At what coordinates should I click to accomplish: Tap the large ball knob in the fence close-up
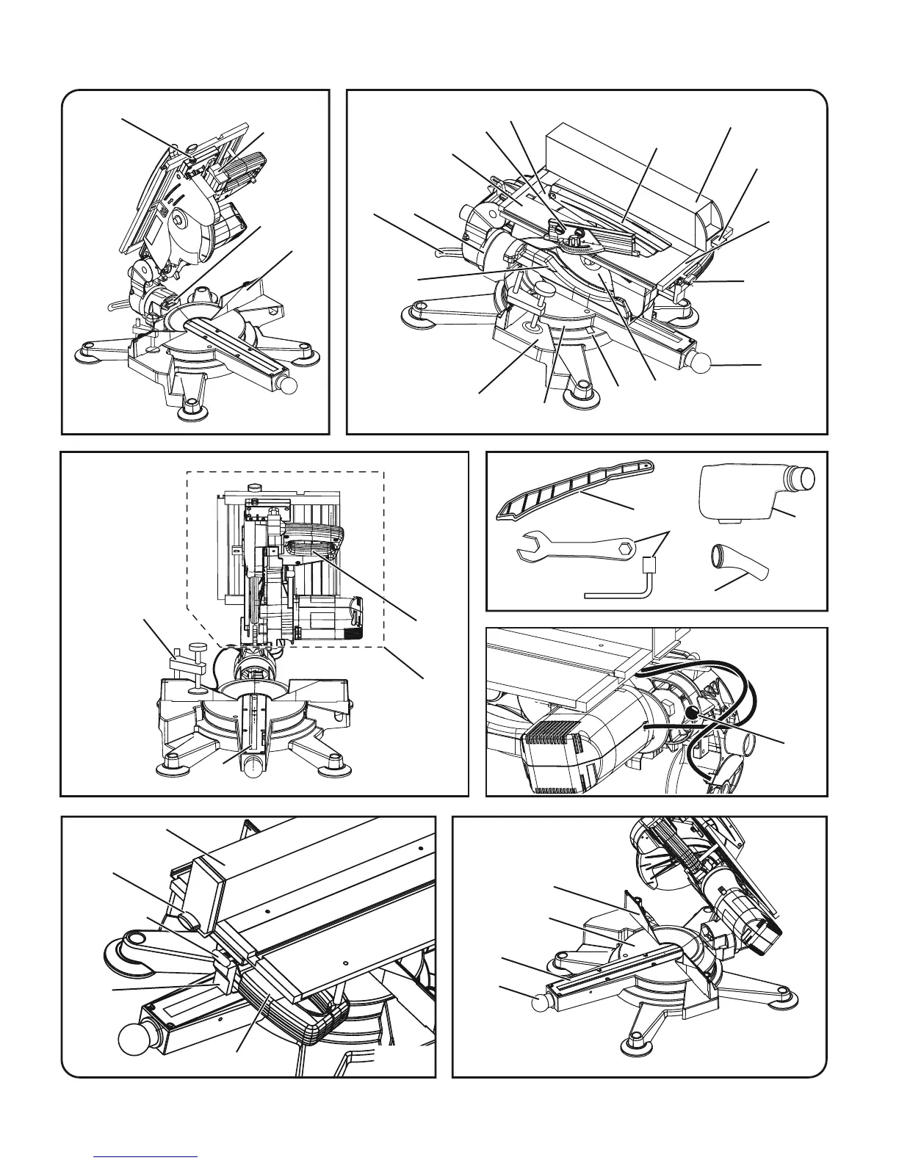(x=134, y=1041)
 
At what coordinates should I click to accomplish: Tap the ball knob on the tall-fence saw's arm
(x=702, y=363)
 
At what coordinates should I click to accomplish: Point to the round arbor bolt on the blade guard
(x=176, y=219)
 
